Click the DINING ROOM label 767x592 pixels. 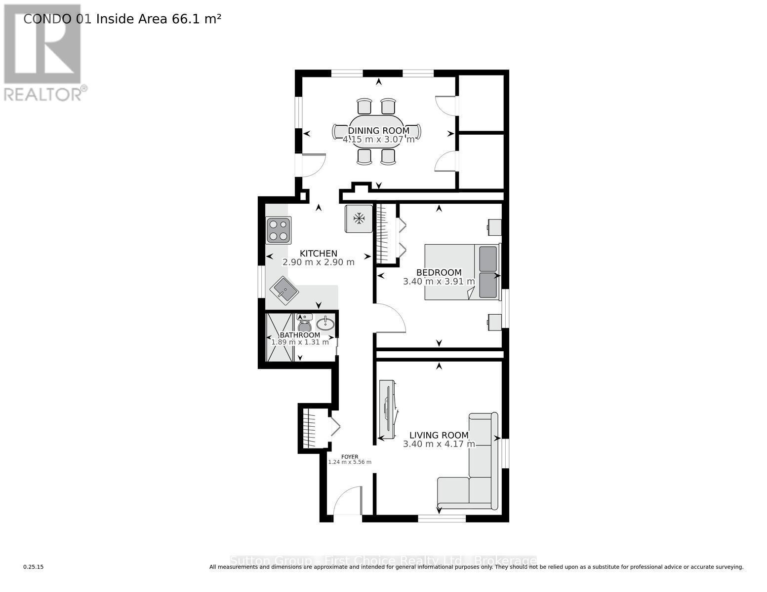(378, 131)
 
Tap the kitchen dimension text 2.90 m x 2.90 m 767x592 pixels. (318, 262)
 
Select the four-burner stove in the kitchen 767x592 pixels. (278, 230)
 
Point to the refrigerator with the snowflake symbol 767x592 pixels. (359, 218)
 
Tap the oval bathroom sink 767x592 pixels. (325, 324)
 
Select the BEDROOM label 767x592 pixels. (439, 272)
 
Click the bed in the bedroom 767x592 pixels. (462, 271)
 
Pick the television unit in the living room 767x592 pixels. (388, 409)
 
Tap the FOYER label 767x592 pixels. (350, 457)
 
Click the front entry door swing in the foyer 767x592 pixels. (348, 500)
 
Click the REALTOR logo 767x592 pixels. (43, 52)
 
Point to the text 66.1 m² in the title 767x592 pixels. (196, 19)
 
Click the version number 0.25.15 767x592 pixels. (34, 567)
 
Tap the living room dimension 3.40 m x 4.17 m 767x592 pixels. (439, 444)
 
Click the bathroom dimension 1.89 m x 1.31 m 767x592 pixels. (300, 342)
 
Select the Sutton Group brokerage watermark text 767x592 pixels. (383, 561)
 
